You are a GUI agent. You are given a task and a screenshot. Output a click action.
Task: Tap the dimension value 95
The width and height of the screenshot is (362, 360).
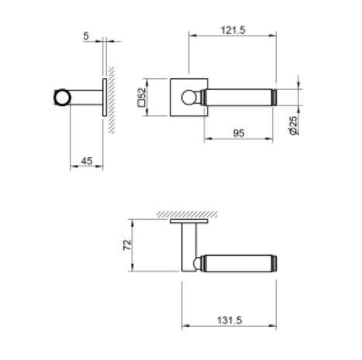point(239,133)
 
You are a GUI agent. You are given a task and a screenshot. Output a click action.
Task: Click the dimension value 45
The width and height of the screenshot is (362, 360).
point(87,160)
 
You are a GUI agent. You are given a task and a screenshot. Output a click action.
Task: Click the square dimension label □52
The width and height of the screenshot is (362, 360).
point(142,97)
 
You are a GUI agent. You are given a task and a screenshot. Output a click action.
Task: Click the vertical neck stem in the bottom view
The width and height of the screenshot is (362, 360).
point(186,244)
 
